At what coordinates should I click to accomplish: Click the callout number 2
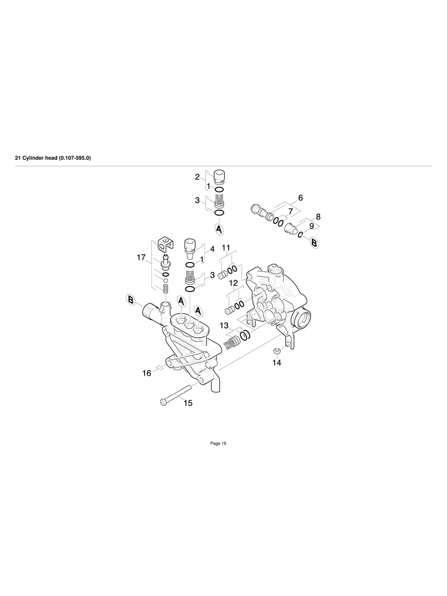(197, 177)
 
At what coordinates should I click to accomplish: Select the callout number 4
(212, 249)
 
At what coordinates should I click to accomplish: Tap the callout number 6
(300, 198)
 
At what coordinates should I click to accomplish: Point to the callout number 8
(318, 217)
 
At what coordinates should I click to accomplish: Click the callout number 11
(225, 247)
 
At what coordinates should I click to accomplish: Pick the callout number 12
(233, 283)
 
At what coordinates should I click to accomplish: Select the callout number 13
(224, 326)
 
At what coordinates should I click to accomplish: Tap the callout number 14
(277, 362)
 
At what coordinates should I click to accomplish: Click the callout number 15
(188, 403)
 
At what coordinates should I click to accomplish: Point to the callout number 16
(147, 373)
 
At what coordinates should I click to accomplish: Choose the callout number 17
(142, 257)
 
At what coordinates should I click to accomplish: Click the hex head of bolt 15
(164, 402)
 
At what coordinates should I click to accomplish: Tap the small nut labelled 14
(277, 350)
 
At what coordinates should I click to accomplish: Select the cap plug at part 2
(219, 177)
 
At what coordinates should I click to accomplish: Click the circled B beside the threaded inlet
(131, 300)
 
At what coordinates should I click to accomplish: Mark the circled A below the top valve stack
(219, 229)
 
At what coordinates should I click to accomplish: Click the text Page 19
(218, 444)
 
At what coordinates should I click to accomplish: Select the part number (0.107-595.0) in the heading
(74, 158)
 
